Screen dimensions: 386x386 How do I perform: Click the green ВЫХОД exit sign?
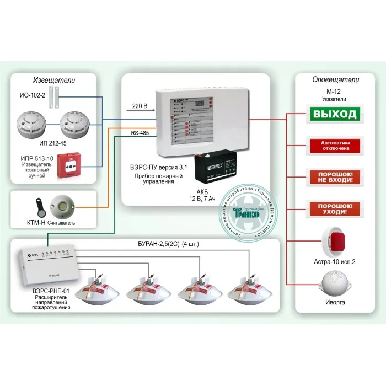click(x=335, y=115)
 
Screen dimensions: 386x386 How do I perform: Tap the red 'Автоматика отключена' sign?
click(x=335, y=146)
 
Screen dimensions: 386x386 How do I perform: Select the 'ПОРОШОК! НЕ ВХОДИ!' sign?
click(x=335, y=178)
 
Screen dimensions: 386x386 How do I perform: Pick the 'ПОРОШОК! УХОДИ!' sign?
click(x=335, y=208)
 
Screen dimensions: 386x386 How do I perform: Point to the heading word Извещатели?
click(x=53, y=81)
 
